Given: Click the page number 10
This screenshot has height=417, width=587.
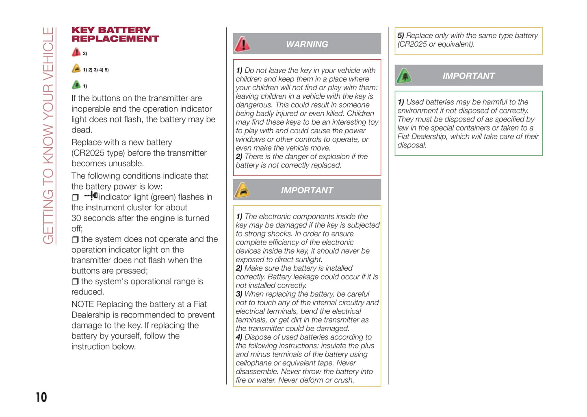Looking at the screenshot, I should (x=41, y=397).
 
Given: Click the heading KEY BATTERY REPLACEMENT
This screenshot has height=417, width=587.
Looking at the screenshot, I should (x=115, y=35).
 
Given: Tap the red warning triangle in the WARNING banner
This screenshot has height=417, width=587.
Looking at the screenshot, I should (x=243, y=44).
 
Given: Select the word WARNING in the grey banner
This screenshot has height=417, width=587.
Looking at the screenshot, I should (x=307, y=44).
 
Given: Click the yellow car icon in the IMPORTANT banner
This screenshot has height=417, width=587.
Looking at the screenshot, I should (x=243, y=190).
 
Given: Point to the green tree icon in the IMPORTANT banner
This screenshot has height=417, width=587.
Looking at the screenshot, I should (x=404, y=76).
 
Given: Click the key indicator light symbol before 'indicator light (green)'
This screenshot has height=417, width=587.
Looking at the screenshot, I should (x=91, y=196).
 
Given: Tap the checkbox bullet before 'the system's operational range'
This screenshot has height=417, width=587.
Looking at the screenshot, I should (x=75, y=282).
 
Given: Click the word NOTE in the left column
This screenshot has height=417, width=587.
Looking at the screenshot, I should (x=82, y=304).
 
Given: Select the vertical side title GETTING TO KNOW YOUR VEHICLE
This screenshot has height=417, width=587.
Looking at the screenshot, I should (x=48, y=136).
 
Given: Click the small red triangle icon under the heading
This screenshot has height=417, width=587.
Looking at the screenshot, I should (x=76, y=52).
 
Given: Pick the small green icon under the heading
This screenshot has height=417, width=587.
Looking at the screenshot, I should (x=76, y=85).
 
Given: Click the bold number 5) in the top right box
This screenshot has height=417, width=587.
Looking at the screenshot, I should (x=401, y=36).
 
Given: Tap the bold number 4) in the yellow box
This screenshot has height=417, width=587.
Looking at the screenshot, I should (x=239, y=337).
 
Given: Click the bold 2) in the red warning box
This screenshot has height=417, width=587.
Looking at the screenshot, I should (x=239, y=157).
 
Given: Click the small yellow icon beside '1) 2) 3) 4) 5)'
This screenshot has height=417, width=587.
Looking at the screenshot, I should (x=76, y=69).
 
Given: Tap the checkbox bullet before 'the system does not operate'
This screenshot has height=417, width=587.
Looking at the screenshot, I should (x=75, y=239).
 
